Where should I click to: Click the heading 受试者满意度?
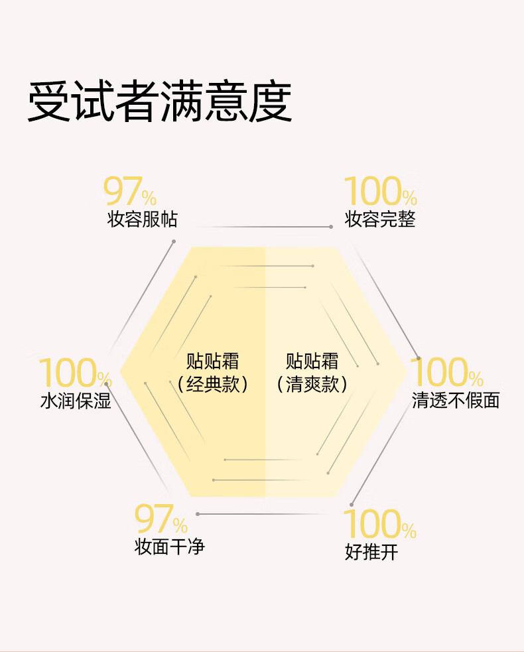click(160, 103)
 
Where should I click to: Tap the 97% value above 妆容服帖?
click(130, 192)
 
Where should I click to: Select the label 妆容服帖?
click(142, 220)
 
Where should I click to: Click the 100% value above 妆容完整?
click(380, 192)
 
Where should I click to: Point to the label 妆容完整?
click(380, 220)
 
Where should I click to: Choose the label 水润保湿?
click(75, 401)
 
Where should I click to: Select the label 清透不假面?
click(456, 401)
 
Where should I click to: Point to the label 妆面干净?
click(170, 548)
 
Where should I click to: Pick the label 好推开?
click(371, 551)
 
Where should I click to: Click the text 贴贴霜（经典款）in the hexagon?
click(212, 373)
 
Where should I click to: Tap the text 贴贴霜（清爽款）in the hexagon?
click(312, 373)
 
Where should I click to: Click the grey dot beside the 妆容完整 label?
click(331, 227)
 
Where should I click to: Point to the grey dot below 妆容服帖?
click(174, 241)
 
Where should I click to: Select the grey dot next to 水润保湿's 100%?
click(107, 384)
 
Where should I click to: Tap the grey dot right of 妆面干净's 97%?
click(198, 514)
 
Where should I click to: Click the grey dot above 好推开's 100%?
click(352, 503)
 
